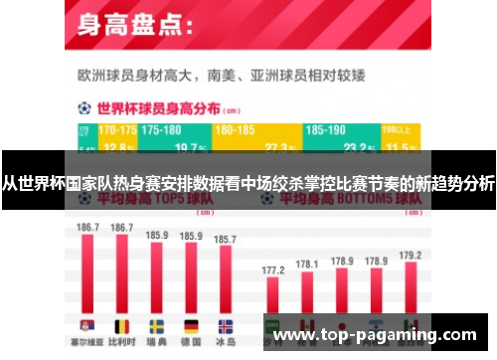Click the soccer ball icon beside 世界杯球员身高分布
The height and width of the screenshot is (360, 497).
click(x=84, y=107)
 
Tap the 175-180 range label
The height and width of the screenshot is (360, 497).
click(x=162, y=130)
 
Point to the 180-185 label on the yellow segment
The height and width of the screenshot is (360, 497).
click(x=235, y=130)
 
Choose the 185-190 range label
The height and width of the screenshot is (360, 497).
click(x=327, y=130)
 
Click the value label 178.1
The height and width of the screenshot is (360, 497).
click(x=307, y=265)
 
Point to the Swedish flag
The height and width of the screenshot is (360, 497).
click(x=157, y=325)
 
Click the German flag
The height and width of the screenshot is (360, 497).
click(x=191, y=325)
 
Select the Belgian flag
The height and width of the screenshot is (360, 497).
click(x=123, y=325)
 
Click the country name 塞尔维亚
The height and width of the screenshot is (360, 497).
click(x=88, y=343)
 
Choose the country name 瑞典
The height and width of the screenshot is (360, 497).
click(x=157, y=343)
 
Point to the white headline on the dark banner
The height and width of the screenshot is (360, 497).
click(x=248, y=183)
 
